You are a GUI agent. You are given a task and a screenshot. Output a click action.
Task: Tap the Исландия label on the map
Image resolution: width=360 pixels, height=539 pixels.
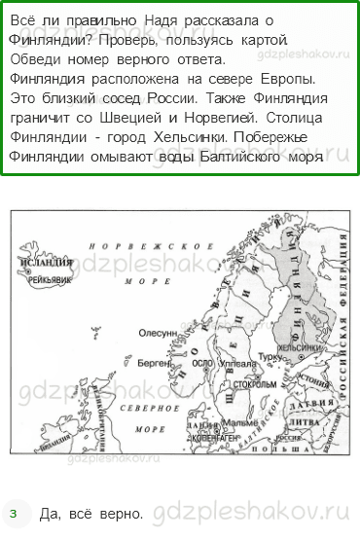click(47, 263)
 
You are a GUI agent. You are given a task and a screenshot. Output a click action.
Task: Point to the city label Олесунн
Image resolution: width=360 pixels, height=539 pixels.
click(157, 333)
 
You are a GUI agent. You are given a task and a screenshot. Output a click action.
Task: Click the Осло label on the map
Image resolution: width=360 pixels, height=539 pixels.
click(202, 364)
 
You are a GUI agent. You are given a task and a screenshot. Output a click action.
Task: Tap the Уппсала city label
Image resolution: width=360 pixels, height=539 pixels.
click(237, 364)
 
